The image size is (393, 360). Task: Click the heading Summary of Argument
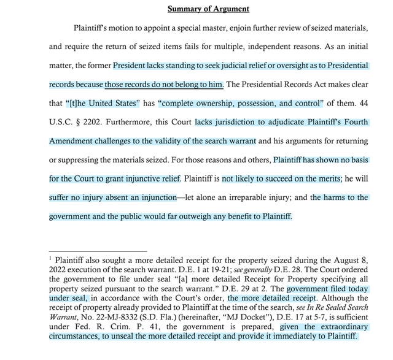click(208, 9)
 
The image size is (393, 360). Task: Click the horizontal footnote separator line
click(98, 250)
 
